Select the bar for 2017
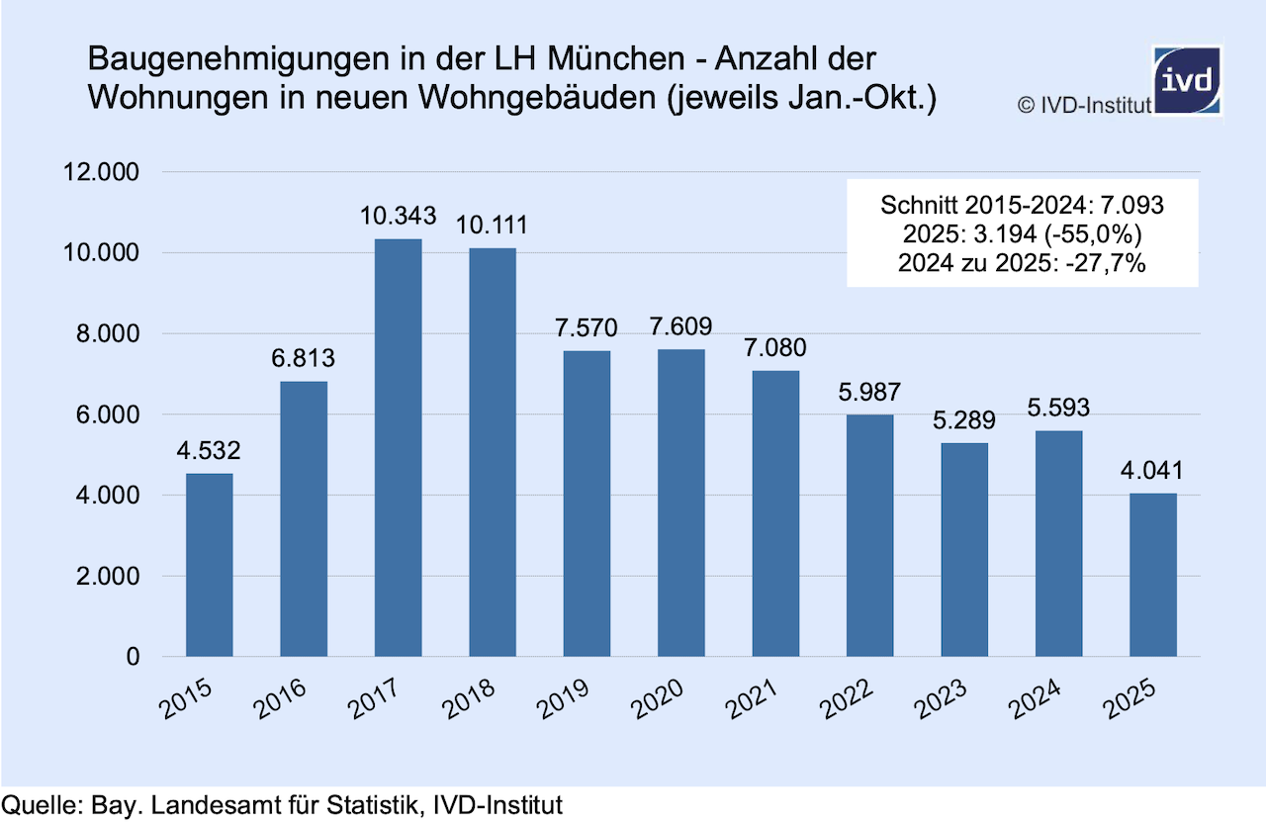398,447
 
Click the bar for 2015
210,565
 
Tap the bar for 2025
1153,575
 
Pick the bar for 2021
775,513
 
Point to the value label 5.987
869,392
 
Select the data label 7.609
680,326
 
